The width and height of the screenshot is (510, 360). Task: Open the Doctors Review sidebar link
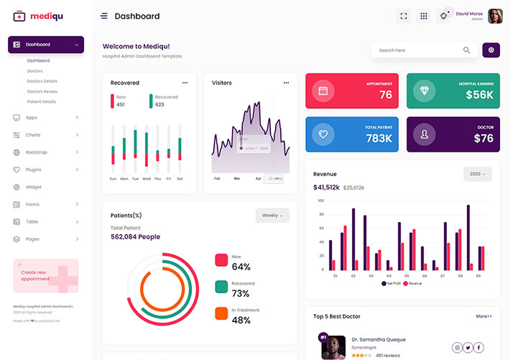(x=42, y=91)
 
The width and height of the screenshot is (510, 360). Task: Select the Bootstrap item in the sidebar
(x=36, y=152)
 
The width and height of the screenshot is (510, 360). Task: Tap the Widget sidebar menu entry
(x=33, y=187)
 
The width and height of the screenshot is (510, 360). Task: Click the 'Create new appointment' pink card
(x=46, y=275)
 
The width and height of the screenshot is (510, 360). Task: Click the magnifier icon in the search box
(x=467, y=50)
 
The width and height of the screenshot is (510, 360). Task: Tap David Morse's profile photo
(x=495, y=16)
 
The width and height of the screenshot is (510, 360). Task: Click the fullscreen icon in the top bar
(x=404, y=16)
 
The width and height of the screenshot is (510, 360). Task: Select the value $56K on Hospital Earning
(x=479, y=95)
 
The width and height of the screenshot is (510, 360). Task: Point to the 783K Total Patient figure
(x=379, y=138)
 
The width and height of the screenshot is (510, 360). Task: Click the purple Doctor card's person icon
(x=425, y=134)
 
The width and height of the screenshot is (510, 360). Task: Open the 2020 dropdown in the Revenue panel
(x=477, y=174)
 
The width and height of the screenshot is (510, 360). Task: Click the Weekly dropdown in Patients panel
(x=272, y=216)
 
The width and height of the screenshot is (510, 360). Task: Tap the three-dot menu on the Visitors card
(x=287, y=83)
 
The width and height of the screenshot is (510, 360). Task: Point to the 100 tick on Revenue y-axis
(x=320, y=201)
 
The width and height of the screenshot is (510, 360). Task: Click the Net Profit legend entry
(x=391, y=284)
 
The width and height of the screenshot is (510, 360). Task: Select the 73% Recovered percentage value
(x=241, y=293)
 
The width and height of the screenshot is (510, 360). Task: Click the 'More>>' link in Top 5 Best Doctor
(x=484, y=316)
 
